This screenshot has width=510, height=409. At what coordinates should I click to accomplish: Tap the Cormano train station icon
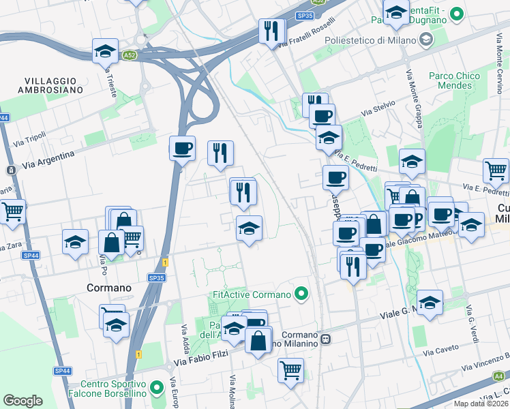coord(327,339)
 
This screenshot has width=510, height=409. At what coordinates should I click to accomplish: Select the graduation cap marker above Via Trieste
coord(106,52)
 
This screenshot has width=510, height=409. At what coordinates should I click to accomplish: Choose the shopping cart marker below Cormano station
coord(290,371)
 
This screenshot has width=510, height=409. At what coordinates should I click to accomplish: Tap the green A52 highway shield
coord(129,53)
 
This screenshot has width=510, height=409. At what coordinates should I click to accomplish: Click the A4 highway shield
coord(499,376)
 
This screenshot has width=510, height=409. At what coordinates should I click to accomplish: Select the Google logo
coord(22,401)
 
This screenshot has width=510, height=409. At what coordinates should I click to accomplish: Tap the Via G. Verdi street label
coord(471,323)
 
